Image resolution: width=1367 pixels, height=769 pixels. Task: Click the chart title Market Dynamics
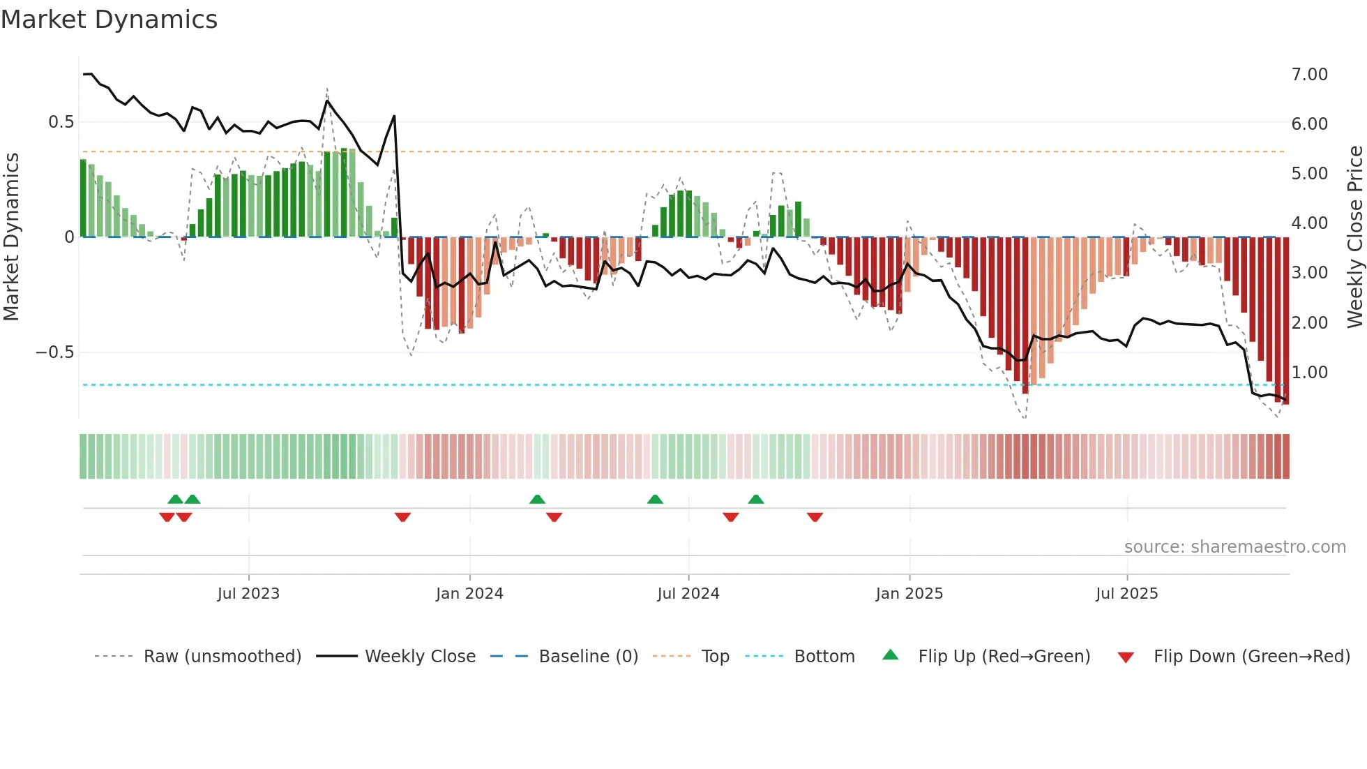tap(109, 20)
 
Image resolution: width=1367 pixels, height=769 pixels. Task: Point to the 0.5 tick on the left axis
tap(61, 122)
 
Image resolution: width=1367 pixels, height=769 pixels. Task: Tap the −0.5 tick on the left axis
tap(55, 352)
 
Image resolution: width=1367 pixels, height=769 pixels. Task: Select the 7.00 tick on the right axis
tap(1309, 75)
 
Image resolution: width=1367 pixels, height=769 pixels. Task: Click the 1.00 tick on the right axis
tap(1309, 373)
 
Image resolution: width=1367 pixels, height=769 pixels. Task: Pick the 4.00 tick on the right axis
tap(1309, 223)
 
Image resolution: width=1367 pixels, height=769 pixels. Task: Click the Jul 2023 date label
tap(248, 594)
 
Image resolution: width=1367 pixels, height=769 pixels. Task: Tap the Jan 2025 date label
tap(909, 594)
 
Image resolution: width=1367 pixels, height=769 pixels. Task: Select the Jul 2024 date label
tap(688, 594)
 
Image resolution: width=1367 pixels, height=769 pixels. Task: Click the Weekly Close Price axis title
tap(1354, 237)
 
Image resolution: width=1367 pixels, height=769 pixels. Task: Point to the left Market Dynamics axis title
tap(11, 237)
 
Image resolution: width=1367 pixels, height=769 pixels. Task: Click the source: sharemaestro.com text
tap(1234, 547)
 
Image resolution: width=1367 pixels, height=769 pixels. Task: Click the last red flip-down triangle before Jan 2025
tap(815, 517)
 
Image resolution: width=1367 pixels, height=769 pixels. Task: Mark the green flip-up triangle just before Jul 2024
tap(655, 499)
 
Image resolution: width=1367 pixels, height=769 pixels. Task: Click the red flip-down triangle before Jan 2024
tap(402, 517)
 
